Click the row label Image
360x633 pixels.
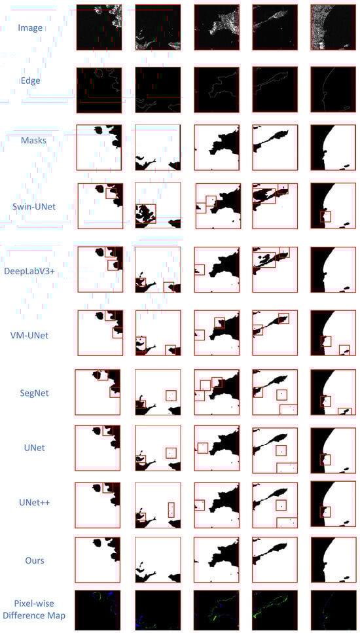[30, 28]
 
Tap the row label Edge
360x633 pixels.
[30, 80]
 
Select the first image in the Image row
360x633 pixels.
[99, 27]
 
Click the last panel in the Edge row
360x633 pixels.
[333, 90]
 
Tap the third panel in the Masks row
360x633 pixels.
[217, 147]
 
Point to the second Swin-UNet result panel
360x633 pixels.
[158, 206]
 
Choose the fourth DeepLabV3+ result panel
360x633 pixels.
[275, 270]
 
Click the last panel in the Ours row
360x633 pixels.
[333, 559]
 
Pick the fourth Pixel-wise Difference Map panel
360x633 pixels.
[276, 610]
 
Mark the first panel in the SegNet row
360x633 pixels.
[98, 392]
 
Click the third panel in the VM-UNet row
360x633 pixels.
[217, 333]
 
